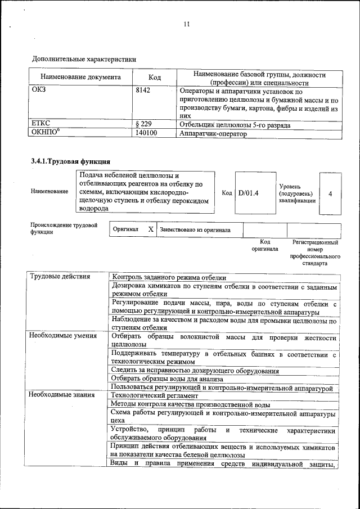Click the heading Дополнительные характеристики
tap(84, 58)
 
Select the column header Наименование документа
tap(80, 77)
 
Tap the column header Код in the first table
tap(155, 77)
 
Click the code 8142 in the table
tap(143, 91)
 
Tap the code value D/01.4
tap(248, 193)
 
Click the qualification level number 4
tap(330, 193)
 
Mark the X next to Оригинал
tap(150, 230)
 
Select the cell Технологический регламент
tap(155, 396)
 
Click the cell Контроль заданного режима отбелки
tap(169, 277)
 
